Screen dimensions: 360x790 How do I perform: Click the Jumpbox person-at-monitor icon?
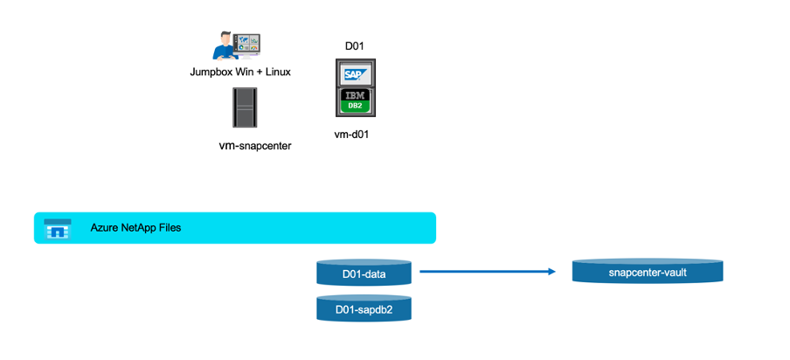pos(237,44)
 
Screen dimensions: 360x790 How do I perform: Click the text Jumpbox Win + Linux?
pos(240,72)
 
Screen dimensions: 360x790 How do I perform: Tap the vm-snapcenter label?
pos(254,146)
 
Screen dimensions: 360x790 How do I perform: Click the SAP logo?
pos(354,73)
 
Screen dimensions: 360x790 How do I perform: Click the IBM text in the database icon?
pos(354,94)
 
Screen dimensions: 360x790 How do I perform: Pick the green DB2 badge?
pos(354,107)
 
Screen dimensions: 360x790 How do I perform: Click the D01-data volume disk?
pos(364,274)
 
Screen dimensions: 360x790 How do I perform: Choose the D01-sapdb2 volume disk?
pos(364,308)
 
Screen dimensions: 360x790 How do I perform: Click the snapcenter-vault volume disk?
pos(648,271)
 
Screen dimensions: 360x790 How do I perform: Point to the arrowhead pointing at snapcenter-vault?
pos(551,272)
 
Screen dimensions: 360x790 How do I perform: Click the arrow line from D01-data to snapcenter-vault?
pos(485,272)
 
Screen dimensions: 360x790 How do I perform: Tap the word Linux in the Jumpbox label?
pos(275,72)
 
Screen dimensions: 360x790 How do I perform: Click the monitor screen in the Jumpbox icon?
pos(247,41)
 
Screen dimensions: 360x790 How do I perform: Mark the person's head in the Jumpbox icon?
pos(225,34)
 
